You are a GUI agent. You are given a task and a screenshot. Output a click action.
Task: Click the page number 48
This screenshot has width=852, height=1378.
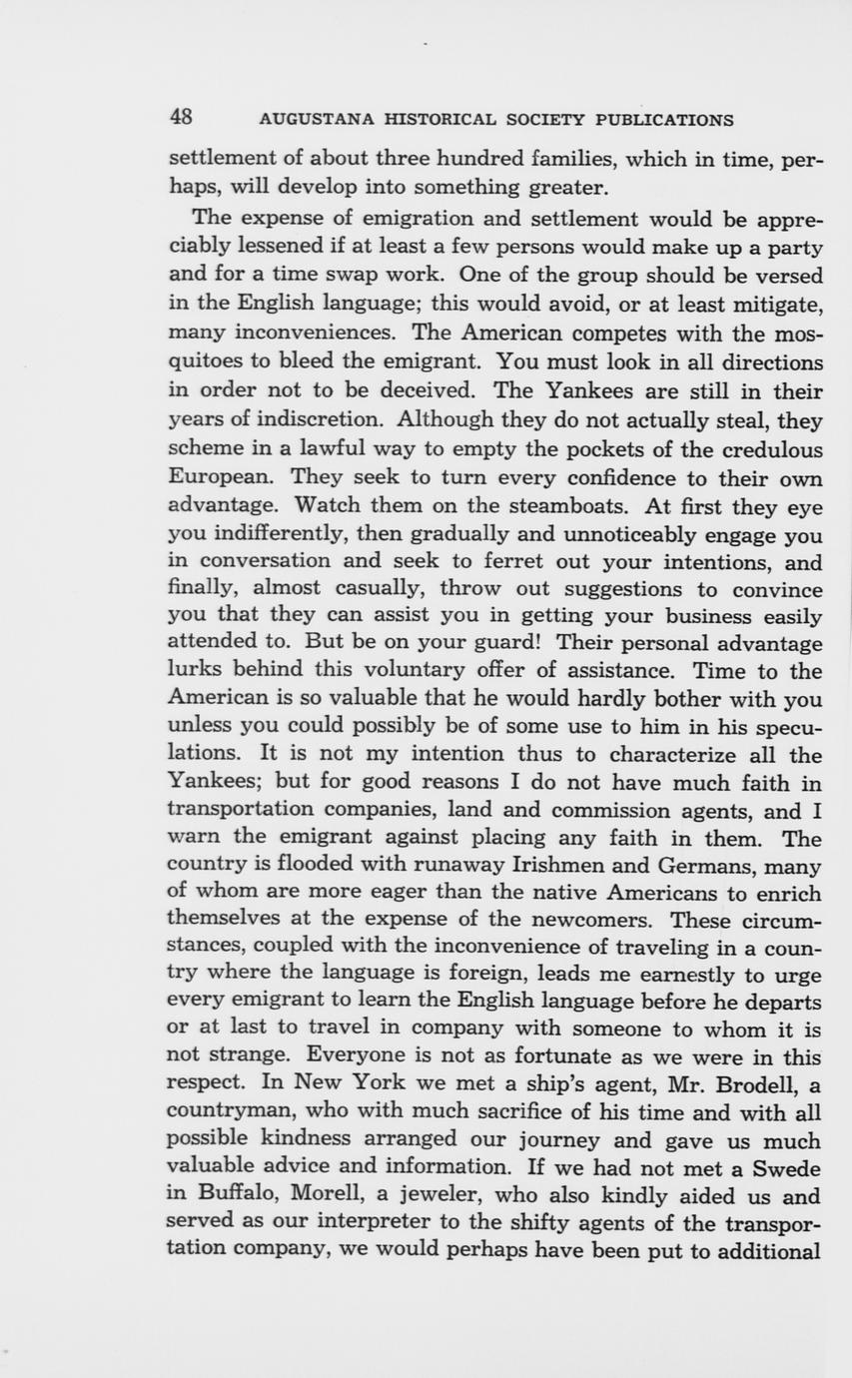point(181,117)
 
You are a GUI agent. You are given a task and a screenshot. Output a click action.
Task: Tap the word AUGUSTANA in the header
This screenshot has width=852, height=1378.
point(304,120)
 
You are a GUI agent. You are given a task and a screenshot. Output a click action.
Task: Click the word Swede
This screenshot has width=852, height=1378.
point(785,1167)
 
